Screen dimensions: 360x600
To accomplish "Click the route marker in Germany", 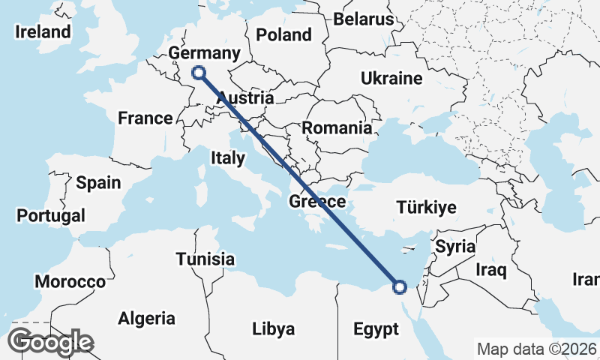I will coord(199,73).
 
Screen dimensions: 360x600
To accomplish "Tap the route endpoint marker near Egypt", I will coord(399,286).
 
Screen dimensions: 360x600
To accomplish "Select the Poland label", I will coord(283,34).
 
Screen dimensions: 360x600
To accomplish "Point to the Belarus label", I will coord(364,19).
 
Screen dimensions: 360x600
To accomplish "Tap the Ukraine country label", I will coord(391,79).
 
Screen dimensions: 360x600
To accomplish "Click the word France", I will coord(145,118).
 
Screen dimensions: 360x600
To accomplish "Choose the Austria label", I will coord(245,98).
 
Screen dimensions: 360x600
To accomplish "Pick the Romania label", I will coord(337,128).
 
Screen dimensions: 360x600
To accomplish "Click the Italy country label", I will coord(227,158).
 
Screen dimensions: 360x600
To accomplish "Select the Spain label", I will coord(98,182).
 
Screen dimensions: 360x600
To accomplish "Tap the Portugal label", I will coord(50,216).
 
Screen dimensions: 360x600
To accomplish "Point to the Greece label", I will coord(317,202).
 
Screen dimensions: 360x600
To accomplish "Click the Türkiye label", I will coord(426,208).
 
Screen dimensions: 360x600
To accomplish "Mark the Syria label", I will coord(455,246).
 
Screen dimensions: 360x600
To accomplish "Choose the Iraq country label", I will coord(492,268).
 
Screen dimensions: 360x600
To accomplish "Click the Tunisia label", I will coord(205,259).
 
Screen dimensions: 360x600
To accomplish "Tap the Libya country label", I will coord(273,329).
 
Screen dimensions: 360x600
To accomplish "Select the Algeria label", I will coord(146,319).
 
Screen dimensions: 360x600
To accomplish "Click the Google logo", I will coord(51,342).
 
